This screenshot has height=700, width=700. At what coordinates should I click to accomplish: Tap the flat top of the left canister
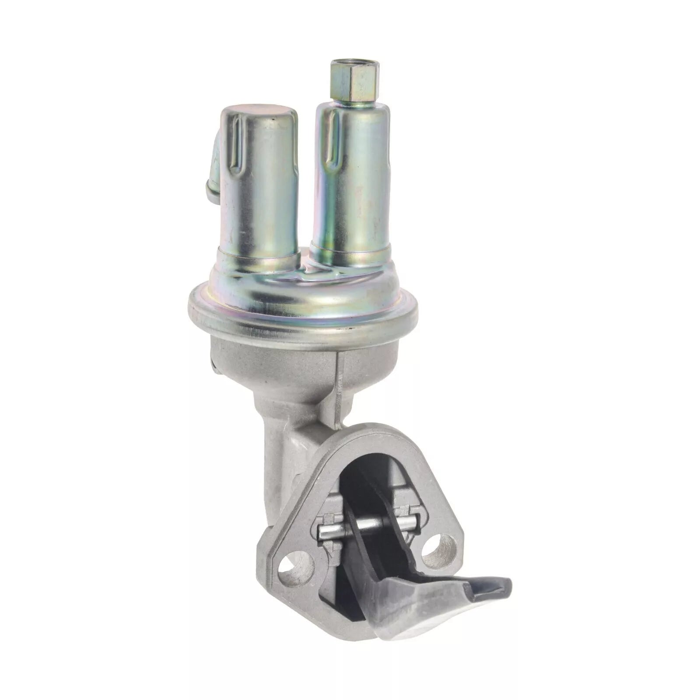pyautogui.click(x=259, y=115)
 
